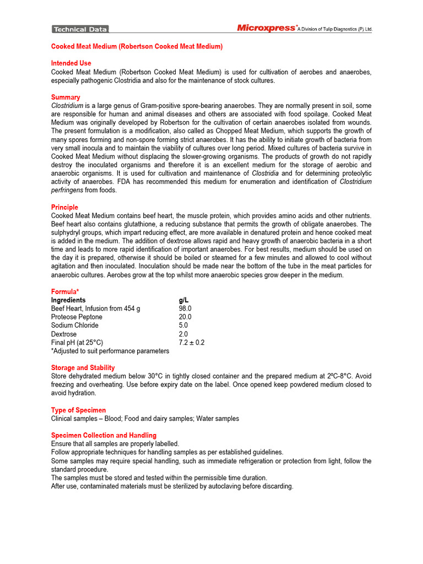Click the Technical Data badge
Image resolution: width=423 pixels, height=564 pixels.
pyautogui.click(x=80, y=29)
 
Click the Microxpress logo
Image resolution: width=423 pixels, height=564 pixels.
pyautogui.click(x=267, y=28)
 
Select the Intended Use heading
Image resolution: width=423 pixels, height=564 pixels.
pyautogui.click(x=71, y=63)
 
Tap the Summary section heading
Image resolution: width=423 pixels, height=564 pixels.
pyautogui.click(x=66, y=97)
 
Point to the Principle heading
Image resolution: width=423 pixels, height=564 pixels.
pyautogui.click(x=66, y=208)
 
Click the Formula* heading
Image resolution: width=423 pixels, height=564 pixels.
pyautogui.click(x=65, y=291)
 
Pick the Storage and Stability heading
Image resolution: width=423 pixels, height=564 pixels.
pyautogui.click(x=83, y=368)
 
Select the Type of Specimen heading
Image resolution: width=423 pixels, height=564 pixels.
pyautogui.click(x=78, y=410)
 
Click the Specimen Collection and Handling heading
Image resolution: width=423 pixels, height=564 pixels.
pyautogui.click(x=104, y=436)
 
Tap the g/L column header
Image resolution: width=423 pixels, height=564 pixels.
pyautogui.click(x=184, y=300)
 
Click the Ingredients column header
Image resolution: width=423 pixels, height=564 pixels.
pyautogui.click(x=68, y=300)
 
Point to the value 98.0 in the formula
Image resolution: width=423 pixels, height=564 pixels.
pyautogui.click(x=185, y=309)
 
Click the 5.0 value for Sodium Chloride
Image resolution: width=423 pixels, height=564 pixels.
pyautogui.click(x=183, y=326)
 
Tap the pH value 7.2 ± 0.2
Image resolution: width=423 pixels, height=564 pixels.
pyautogui.click(x=191, y=343)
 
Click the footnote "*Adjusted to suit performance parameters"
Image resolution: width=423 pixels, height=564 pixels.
pyautogui.click(x=110, y=351)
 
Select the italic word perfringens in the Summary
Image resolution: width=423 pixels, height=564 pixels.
pyautogui.click(x=67, y=190)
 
